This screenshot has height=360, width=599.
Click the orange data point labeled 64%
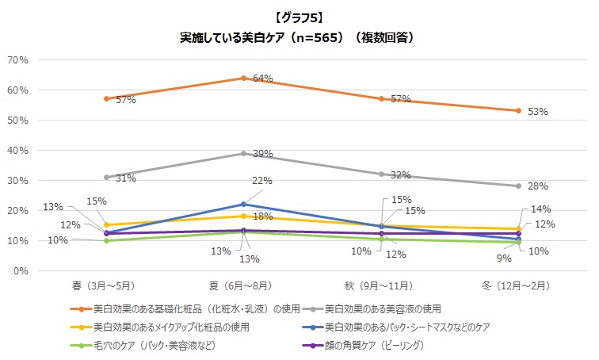pyautogui.click(x=243, y=78)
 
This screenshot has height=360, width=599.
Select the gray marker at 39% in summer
pyautogui.click(x=243, y=153)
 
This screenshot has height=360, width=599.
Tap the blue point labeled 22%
pyautogui.click(x=243, y=205)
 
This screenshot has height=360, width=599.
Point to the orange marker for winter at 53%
pyautogui.click(x=518, y=111)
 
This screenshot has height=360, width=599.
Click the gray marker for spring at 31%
pyautogui.click(x=106, y=178)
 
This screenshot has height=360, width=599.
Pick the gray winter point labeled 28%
pyautogui.click(x=518, y=186)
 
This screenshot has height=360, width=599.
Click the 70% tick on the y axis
pyautogui.click(x=18, y=60)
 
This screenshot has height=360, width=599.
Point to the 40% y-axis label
pyautogui.click(x=18, y=151)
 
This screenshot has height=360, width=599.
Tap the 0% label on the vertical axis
pyautogui.click(x=21, y=271)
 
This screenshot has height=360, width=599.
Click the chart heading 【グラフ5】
pyautogui.click(x=299, y=17)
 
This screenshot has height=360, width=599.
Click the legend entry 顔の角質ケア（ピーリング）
pyautogui.click(x=371, y=345)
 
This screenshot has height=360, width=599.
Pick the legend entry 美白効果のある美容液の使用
pyautogui.click(x=376, y=308)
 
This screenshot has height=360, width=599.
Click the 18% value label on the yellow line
pyautogui.click(x=263, y=216)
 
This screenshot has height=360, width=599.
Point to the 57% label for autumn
pyautogui.click(x=400, y=100)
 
